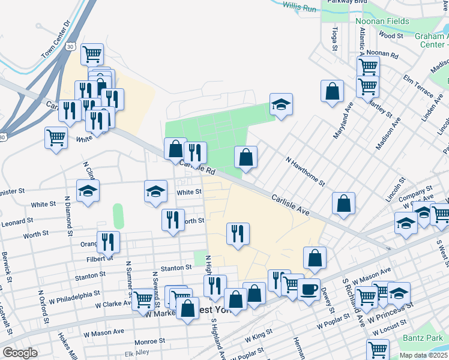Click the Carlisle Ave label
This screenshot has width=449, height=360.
click(289, 205)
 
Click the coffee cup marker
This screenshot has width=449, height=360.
click(309, 289)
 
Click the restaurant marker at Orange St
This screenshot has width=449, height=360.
click(108, 242)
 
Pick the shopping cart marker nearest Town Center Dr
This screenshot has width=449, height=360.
click(92, 55)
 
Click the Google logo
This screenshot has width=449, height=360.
click(20, 353)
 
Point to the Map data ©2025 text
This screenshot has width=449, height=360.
click(424, 355)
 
